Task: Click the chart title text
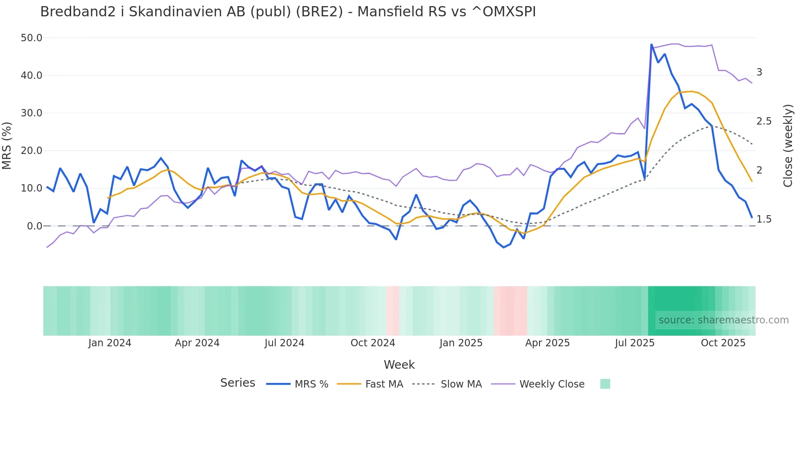[x=288, y=12]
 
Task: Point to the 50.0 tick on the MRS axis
[x=31, y=38]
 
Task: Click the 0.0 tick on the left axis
[x=34, y=226]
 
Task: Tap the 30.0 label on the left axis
[x=31, y=113]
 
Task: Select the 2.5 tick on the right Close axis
[x=763, y=121]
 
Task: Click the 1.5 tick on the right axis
[x=763, y=219]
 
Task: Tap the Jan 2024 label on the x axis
[x=110, y=343]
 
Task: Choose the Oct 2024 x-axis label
[x=373, y=343]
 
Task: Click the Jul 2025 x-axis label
[x=635, y=343]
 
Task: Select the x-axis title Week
[x=399, y=365]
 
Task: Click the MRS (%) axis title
[x=7, y=145]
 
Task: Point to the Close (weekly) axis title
[x=788, y=145]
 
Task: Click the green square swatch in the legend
[x=605, y=384]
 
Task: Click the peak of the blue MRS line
[x=651, y=45]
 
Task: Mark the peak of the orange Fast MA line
[x=691, y=91]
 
